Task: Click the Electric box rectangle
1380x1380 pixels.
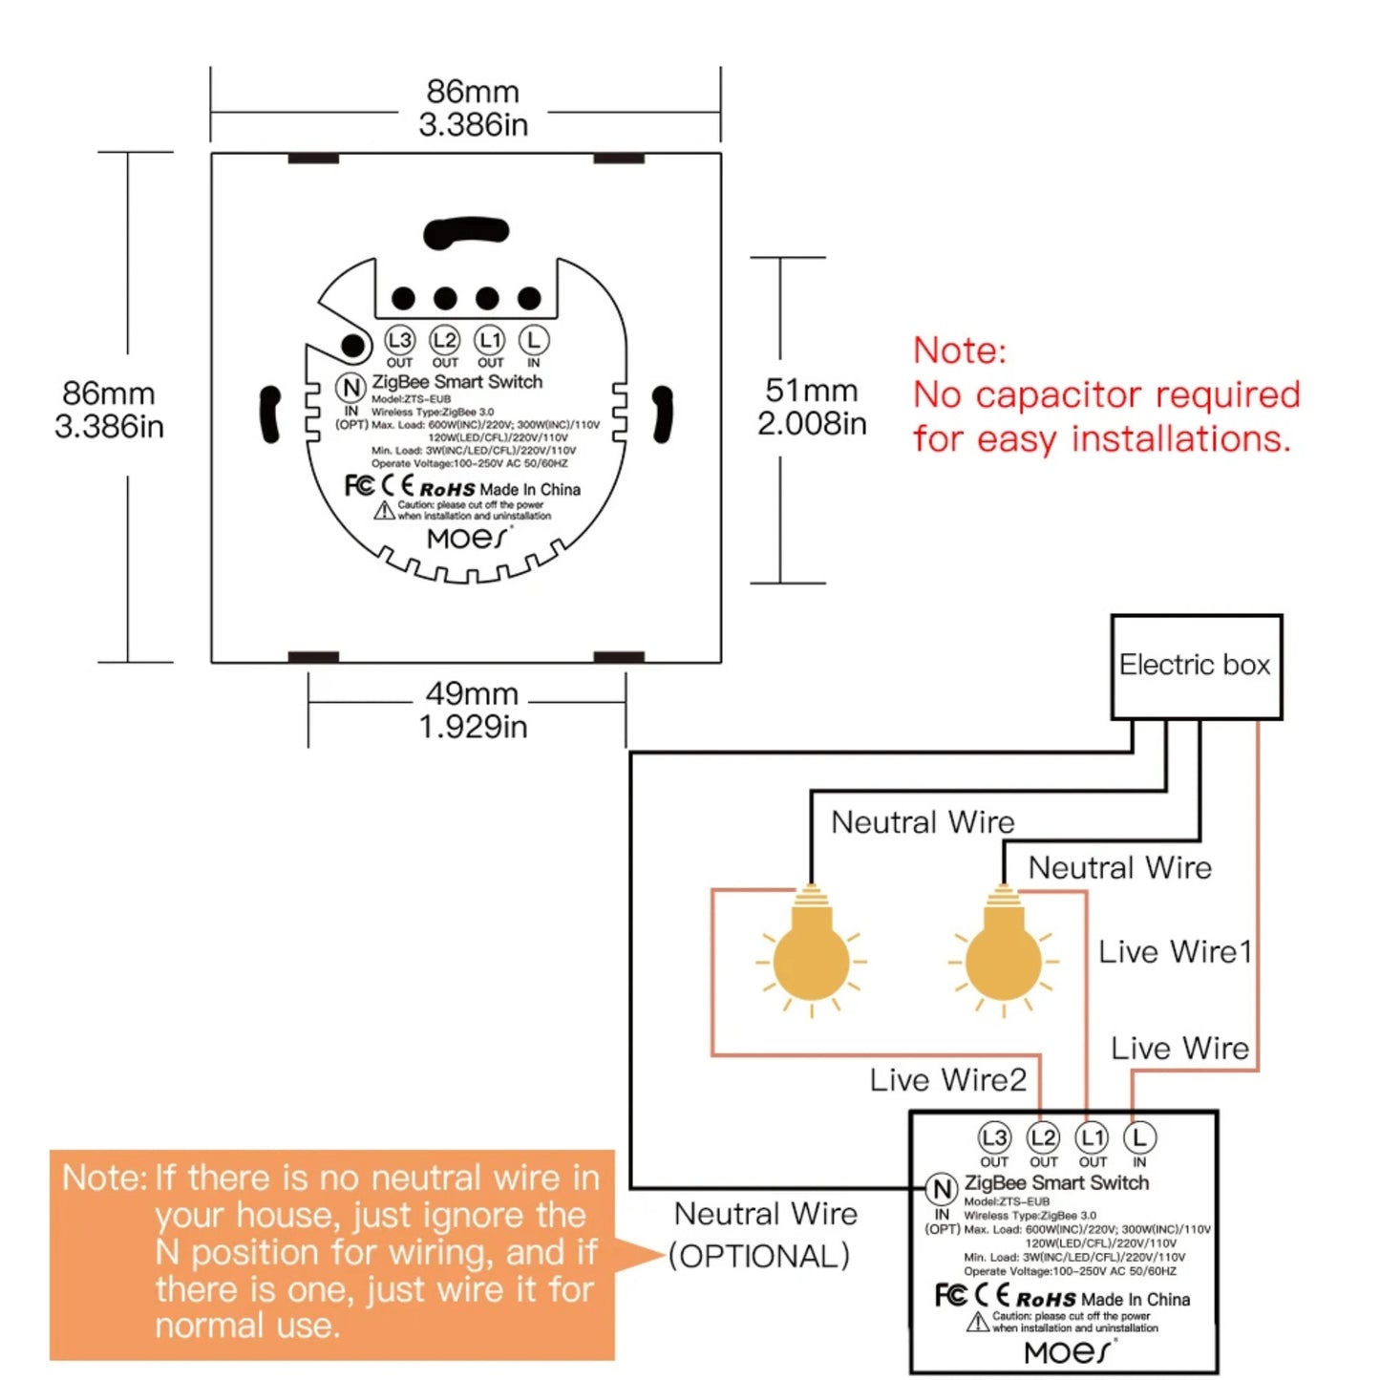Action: point(1196,667)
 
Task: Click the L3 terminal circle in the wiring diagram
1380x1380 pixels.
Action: point(994,1137)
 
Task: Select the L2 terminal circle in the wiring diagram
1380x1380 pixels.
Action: point(1043,1137)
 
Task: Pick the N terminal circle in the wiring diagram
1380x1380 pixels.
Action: point(941,1189)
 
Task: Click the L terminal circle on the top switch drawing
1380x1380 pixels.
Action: point(534,340)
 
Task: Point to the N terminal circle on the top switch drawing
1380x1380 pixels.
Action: point(350,387)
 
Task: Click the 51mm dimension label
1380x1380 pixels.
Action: point(811,391)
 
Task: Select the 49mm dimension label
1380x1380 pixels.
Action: point(472,693)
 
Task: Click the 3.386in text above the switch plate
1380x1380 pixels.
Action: point(473,124)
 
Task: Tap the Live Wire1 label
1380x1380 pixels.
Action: point(1174,952)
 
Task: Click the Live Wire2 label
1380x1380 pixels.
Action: point(947,1080)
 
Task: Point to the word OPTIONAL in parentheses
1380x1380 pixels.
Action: point(759,1256)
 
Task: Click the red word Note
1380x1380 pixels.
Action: point(959,350)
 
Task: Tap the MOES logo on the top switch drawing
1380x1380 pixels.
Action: point(467,539)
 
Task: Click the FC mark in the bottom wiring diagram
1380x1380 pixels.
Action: point(949,1295)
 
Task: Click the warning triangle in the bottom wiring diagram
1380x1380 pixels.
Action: point(976,1322)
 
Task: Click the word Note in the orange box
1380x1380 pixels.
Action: point(103,1178)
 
